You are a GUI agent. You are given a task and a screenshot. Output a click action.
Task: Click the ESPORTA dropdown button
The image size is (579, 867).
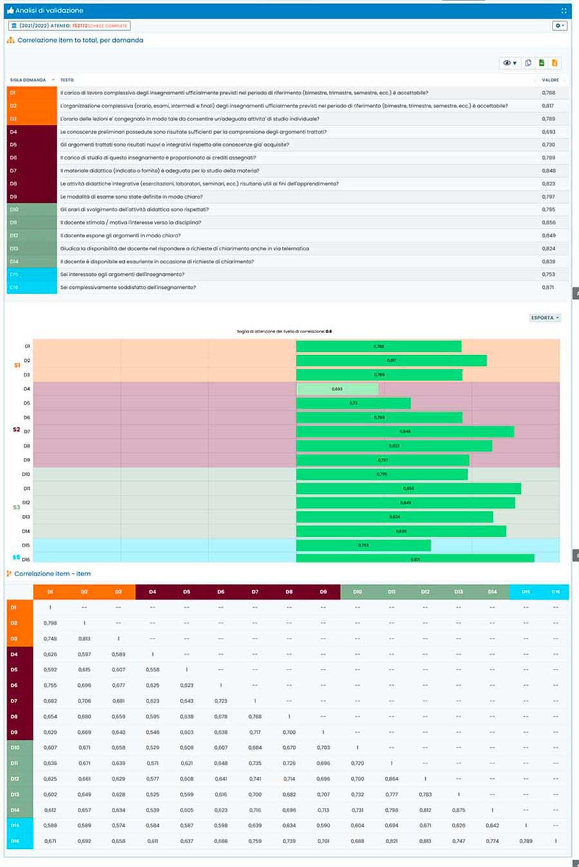click(x=545, y=318)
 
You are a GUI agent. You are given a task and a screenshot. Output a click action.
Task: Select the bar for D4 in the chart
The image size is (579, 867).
click(x=337, y=389)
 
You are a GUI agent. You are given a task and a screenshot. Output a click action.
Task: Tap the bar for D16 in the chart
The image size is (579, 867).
click(x=415, y=559)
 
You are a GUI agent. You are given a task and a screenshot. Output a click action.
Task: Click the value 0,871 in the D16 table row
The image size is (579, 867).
click(x=547, y=287)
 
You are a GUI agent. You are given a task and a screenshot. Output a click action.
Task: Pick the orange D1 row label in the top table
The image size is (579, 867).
click(x=32, y=93)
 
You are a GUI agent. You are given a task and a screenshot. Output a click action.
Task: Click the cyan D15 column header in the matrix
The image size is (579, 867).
click(x=526, y=592)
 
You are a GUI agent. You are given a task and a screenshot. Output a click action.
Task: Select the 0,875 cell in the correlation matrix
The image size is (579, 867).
click(x=458, y=810)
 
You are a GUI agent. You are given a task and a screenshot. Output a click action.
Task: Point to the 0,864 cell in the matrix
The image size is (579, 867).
click(x=391, y=779)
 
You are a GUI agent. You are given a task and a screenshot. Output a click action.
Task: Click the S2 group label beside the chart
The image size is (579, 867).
click(x=16, y=429)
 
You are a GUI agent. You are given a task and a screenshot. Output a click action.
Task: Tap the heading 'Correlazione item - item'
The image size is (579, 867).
click(x=52, y=574)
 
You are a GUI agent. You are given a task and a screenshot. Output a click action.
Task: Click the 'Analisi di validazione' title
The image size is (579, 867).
click(x=49, y=11)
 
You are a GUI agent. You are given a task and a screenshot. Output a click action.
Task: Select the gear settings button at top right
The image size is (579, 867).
click(x=559, y=26)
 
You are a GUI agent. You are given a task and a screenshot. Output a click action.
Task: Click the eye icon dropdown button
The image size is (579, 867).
click(x=510, y=63)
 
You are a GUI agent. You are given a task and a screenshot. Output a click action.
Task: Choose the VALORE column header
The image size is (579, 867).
click(x=550, y=80)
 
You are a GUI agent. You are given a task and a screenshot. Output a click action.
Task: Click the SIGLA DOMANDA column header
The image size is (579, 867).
click(x=28, y=80)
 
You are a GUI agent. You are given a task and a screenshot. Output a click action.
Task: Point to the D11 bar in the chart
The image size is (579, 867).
click(x=409, y=489)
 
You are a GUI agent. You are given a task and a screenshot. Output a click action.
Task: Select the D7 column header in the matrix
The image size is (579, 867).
click(x=255, y=592)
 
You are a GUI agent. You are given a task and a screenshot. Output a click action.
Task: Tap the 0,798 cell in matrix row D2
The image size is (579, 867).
click(x=50, y=623)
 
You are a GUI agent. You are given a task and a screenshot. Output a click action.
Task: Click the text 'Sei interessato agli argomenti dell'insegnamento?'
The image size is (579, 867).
click(x=122, y=275)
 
